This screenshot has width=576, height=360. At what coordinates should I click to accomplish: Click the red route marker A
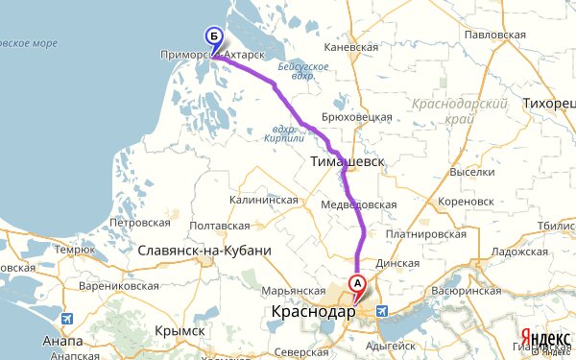coord(357,284)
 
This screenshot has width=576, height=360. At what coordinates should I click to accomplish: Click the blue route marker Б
coord(214,37)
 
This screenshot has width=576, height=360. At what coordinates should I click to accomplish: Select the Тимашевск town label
coord(347,163)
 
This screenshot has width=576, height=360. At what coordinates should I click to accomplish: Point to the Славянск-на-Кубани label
coord(204,251)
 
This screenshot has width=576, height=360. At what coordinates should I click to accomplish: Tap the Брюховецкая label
coord(358,116)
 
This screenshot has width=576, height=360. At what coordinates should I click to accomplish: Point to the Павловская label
coord(492,35)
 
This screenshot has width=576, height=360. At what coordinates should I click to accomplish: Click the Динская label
coord(399,263)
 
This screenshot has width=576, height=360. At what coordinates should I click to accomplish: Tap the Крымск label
coord(180,330)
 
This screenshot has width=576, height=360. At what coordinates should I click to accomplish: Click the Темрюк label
coord(74,250)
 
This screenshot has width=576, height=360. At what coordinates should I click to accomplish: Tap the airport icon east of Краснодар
coord(383,311)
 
